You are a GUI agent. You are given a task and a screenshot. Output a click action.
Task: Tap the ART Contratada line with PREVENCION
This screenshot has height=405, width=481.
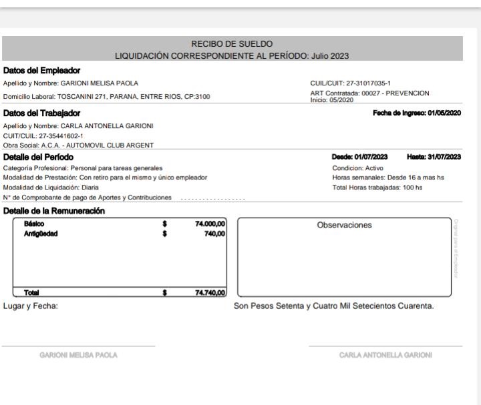coord(374,93)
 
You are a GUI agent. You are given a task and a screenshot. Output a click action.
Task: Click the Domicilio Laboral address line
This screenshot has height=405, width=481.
coord(106,96)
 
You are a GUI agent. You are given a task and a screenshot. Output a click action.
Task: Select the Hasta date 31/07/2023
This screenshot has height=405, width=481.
coord(445,156)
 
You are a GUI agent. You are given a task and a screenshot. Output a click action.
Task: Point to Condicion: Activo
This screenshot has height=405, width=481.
coord(359,167)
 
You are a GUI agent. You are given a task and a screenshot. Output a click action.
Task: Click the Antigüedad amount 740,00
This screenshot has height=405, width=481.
coord(215,234)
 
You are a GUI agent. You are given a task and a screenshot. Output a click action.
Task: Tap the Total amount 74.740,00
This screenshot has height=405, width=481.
coord(208,292)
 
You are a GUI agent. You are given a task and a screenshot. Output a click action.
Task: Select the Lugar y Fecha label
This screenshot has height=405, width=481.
coord(27,306)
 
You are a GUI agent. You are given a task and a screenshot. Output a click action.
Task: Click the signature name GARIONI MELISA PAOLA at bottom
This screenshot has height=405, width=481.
coord(77,354)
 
